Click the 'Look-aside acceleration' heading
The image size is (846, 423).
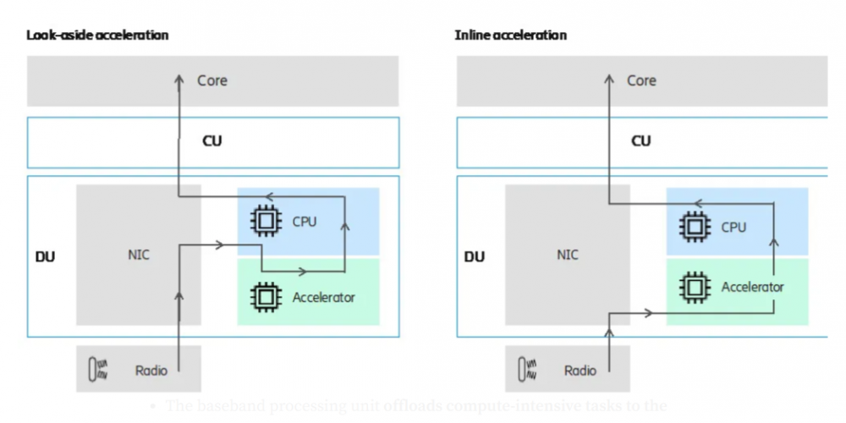coord(97,35)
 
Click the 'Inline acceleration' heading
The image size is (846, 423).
coord(510,35)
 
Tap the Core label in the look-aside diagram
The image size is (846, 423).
coord(212,80)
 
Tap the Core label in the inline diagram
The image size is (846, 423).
coord(641,80)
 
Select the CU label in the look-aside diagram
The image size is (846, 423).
coord(212,140)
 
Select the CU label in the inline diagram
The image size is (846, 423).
coord(641,140)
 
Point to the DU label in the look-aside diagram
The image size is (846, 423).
coord(45,255)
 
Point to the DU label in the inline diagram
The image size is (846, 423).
coord(475,255)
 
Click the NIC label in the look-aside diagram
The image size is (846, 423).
coord(139,255)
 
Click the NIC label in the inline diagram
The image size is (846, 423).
coord(568,255)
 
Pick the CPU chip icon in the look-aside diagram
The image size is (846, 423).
coord(266,222)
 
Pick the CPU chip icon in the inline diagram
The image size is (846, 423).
coord(695,226)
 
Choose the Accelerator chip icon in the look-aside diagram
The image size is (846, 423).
coord(266,297)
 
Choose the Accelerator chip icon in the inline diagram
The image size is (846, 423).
coord(695,288)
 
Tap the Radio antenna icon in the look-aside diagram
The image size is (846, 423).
coord(98,369)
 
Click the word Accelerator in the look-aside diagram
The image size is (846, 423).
coord(323,297)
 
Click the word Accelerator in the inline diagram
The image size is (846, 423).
coord(752,288)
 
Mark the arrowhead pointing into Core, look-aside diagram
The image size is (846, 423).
coord(179,78)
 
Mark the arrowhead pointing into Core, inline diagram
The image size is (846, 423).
coord(608,78)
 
